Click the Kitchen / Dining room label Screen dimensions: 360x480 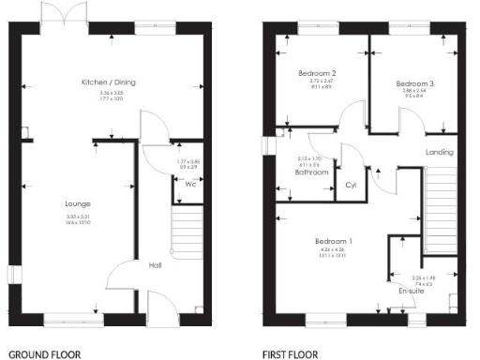click(x=105, y=82)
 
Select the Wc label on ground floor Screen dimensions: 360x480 click(x=190, y=185)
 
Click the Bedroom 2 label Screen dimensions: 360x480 click(x=318, y=72)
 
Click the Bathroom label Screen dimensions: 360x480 click(x=311, y=172)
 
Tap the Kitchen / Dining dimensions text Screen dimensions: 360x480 click(x=105, y=97)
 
